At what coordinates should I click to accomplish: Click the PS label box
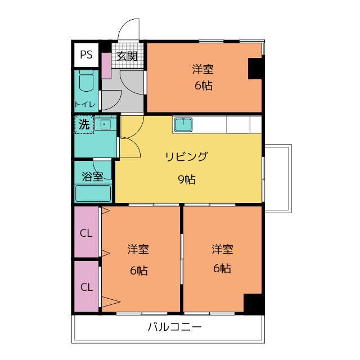point(85,55)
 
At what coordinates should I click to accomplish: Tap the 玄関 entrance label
point(127,56)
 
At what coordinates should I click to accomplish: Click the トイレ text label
point(84,104)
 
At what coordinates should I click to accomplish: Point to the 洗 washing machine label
point(84,125)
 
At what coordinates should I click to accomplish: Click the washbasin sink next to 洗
point(105,124)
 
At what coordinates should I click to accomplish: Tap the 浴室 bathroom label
point(92,177)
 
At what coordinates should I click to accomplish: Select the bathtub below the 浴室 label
point(93,193)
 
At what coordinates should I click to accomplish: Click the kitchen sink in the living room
point(183,124)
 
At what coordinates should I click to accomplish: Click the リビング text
point(186,156)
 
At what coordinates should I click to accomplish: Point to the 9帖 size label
point(187,179)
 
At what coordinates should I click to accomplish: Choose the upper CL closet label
point(86,233)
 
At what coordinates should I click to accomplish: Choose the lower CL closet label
point(86,286)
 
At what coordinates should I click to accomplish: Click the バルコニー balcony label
point(174,327)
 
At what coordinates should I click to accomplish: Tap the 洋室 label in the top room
point(203,69)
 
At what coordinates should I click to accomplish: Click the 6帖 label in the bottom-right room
point(222,268)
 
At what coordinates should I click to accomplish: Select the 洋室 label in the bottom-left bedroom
point(138,249)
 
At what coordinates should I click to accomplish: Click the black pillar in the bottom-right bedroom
point(253,303)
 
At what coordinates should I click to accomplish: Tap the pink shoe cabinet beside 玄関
point(106,65)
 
